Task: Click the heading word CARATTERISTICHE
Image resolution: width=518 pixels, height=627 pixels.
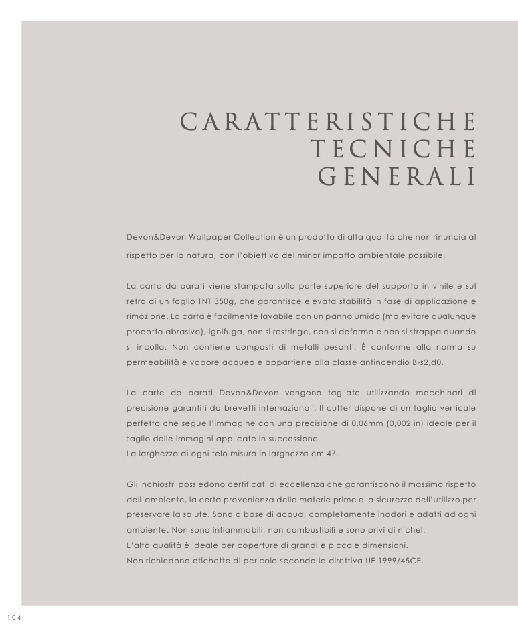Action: coord(329,122)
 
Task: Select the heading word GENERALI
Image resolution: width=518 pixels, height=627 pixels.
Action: coord(397,177)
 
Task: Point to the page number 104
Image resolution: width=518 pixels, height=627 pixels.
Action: coord(14,618)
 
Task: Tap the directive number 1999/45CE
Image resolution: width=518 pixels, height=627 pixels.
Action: coord(398,561)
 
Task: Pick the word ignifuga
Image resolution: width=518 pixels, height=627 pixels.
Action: coord(226,332)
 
